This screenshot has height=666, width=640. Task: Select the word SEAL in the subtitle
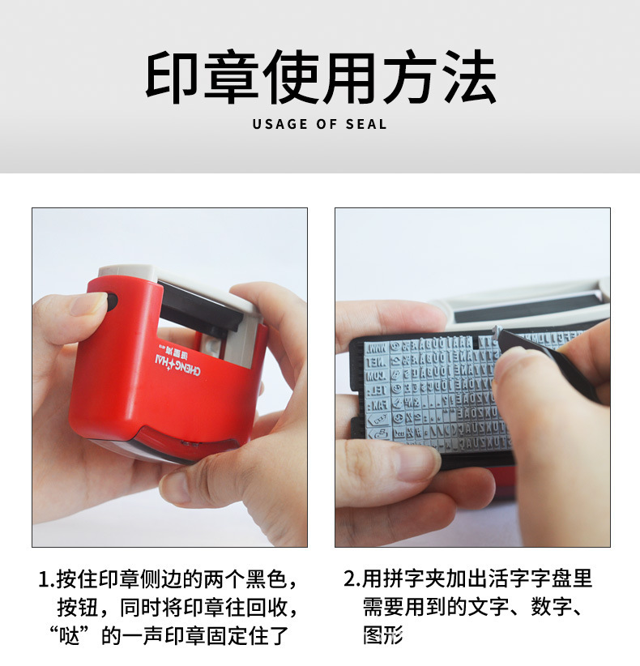[368, 125]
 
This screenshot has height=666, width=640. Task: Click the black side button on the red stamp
[111, 303]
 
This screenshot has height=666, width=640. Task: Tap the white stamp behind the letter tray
[527, 304]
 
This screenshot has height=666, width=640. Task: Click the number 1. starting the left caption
[46, 579]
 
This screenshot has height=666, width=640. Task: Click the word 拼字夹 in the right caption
[411, 578]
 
